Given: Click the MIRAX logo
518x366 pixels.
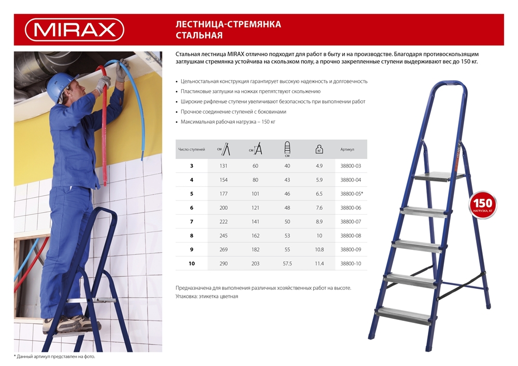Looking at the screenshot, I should pos(75,30).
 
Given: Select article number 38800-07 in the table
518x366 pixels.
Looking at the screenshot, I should pos(351,221).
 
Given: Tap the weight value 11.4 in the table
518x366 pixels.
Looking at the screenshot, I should pos(319,263).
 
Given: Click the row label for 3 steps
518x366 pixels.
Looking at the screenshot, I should pos(192,166).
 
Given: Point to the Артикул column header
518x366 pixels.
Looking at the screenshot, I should pos(347,149).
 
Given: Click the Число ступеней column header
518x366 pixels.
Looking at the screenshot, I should pos(192,149).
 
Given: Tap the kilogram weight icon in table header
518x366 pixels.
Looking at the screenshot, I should pos(319,149).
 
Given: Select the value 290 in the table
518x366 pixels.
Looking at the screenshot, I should pos(223,263).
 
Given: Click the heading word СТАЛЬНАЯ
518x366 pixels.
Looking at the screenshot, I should pos(199,36).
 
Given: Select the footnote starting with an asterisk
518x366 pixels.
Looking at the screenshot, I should pos(54,357).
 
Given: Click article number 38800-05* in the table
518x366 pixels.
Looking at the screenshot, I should pos(352,193).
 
